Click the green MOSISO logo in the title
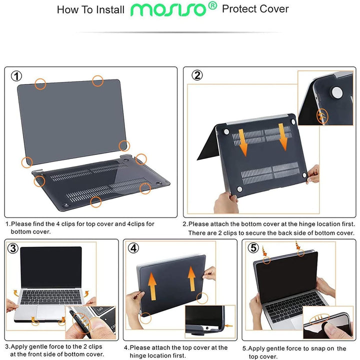click(169, 9)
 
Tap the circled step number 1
click(17, 76)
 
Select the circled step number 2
click(197, 75)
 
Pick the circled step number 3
click(13, 248)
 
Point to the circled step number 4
click(133, 248)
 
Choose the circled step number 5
click(253, 248)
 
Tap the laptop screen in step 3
click(50, 267)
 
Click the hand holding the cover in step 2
click(226, 201)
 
